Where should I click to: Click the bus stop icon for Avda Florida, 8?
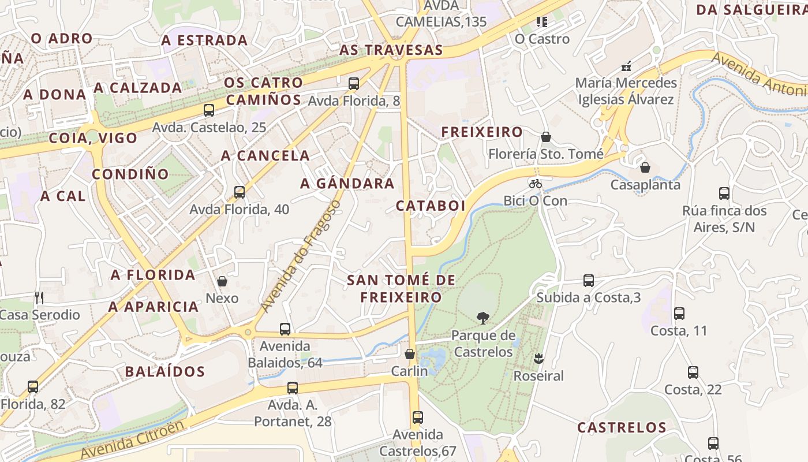[354, 83]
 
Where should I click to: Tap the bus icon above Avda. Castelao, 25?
[209, 110]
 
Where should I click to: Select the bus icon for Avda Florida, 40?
[240, 192]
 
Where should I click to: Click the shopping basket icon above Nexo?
[222, 281]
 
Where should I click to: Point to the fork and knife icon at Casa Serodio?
[39, 298]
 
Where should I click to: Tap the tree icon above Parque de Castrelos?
[482, 318]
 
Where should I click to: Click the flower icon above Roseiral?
[538, 359]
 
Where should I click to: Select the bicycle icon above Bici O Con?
[536, 184]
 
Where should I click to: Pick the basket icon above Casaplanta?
[645, 167]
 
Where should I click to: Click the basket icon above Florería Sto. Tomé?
[546, 137]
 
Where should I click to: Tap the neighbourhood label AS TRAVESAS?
[391, 50]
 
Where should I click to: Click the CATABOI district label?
[431, 206]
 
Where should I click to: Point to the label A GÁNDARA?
[347, 184]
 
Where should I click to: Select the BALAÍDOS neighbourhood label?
[165, 371]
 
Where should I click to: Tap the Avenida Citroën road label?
[133, 441]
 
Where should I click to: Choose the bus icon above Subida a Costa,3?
[589, 281]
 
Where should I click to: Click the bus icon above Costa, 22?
[693, 372]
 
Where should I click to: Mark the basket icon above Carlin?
[410, 354]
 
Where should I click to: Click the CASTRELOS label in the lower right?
[622, 427]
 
